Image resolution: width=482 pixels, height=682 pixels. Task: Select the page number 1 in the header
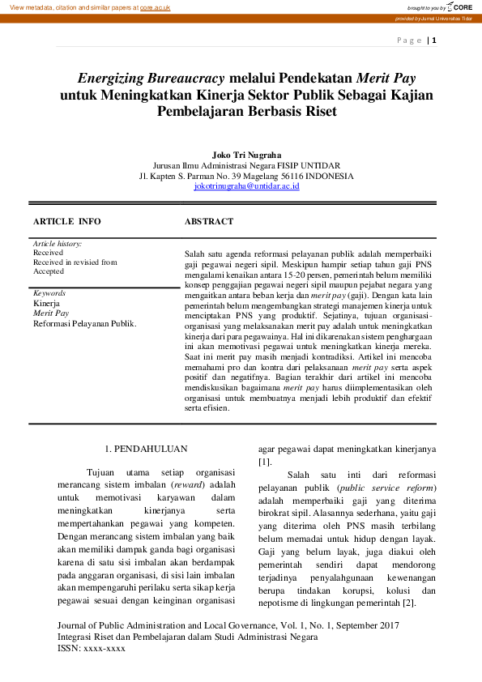point(435,40)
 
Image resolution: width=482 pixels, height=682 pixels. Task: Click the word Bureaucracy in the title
point(186,79)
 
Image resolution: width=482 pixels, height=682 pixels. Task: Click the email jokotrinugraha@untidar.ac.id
point(246,186)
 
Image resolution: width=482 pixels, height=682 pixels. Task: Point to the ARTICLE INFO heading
point(67,221)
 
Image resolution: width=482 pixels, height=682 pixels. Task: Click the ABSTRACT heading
point(209,221)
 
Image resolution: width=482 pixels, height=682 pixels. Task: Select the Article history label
point(58,243)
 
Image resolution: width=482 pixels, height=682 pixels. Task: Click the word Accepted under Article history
point(49,271)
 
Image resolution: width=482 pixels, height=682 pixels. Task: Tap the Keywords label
point(49,293)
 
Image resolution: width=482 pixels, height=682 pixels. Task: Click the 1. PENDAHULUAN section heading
point(147,448)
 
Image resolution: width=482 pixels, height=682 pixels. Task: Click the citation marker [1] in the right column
point(264,462)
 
